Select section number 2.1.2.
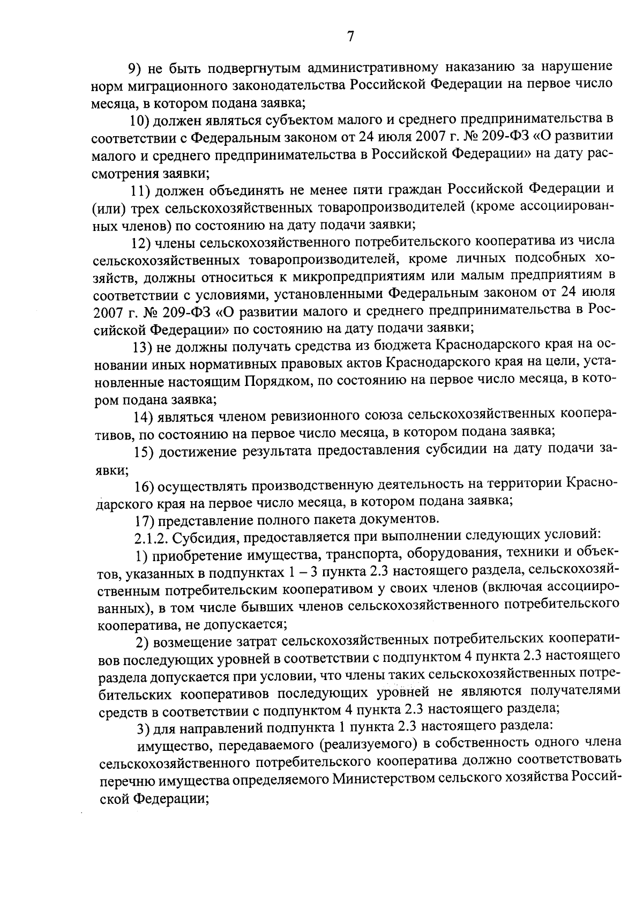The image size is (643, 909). (148, 537)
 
